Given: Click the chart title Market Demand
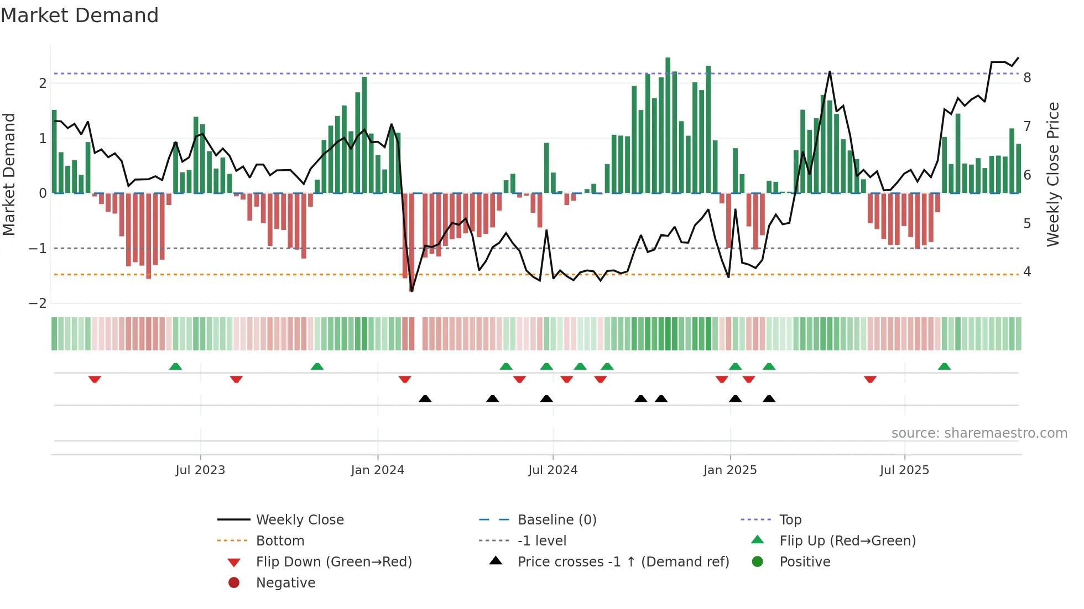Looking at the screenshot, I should tap(80, 15).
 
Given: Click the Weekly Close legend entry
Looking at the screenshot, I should tap(299, 520).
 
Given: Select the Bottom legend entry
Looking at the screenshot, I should tap(280, 541).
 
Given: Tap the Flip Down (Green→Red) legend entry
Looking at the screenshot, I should tap(333, 562).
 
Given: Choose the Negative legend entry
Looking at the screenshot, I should tap(285, 583).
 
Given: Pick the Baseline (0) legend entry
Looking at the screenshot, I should tap(556, 520).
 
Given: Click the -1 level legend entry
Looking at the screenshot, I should tap(541, 541).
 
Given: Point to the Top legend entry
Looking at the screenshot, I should tap(790, 520).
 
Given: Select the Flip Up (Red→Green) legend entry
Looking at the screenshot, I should tap(847, 541).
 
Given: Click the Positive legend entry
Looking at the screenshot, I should tap(804, 562).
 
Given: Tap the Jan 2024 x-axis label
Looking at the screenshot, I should tap(377, 470).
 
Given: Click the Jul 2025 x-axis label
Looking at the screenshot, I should tap(904, 470).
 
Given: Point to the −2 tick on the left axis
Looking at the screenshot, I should tap(38, 303).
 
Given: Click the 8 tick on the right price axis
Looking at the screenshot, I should tap(1027, 78).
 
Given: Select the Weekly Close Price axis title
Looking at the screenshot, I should tap(1052, 174).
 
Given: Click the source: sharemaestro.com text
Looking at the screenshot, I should tap(979, 433).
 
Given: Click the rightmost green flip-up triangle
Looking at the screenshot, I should tap(944, 366).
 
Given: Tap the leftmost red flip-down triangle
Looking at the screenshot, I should tap(95, 379).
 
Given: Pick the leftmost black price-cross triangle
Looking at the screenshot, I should tap(425, 398).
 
